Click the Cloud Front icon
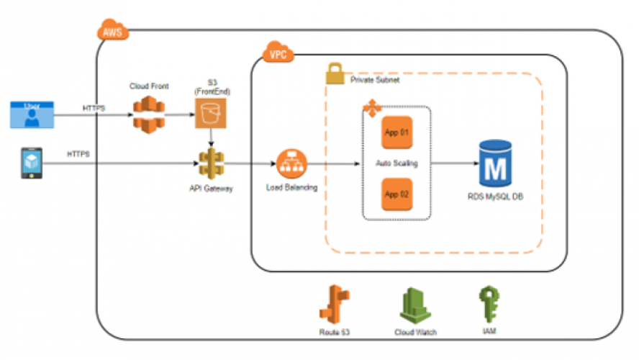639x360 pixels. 148,113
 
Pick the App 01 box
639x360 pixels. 396,132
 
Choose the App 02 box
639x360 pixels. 396,194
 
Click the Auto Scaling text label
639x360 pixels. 396,163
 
